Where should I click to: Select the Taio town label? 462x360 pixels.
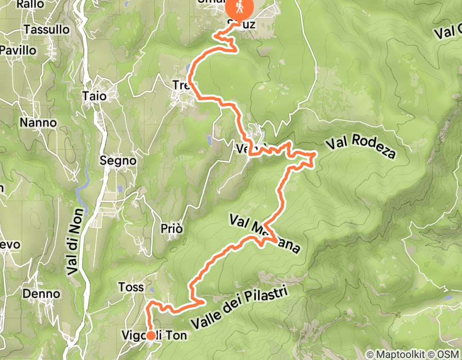(x=95, y=96)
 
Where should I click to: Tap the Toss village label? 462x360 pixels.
(x=131, y=287)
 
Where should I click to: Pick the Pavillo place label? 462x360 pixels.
(x=19, y=50)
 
